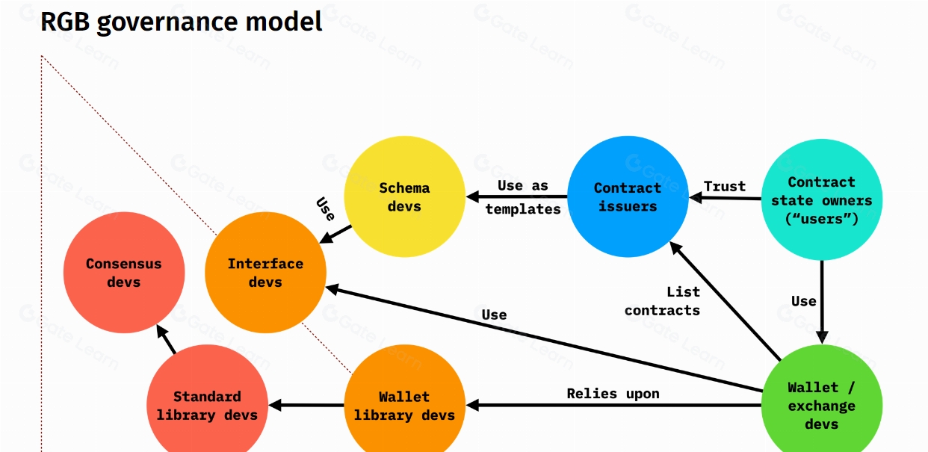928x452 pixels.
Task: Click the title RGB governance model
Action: click(181, 22)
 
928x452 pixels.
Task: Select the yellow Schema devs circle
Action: click(404, 196)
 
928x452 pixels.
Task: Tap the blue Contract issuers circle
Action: click(628, 196)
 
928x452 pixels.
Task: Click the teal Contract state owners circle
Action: click(821, 200)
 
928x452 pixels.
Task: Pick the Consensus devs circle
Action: click(123, 273)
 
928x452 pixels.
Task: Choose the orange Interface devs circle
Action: click(265, 273)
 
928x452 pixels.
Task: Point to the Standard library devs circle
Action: click(207, 406)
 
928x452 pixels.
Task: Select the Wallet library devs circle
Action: click(404, 406)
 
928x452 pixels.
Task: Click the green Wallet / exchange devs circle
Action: click(821, 406)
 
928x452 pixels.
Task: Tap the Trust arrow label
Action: click(724, 186)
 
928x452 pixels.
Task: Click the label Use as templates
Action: click(522, 197)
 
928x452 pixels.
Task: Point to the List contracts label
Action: click(663, 300)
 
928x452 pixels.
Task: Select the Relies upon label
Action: click(613, 393)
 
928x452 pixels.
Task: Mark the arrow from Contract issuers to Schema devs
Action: click(516, 197)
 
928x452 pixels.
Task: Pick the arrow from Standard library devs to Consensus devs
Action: click(167, 341)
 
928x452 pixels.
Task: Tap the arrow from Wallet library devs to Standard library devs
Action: click(306, 406)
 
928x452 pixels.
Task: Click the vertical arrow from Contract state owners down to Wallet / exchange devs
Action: click(821, 299)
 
